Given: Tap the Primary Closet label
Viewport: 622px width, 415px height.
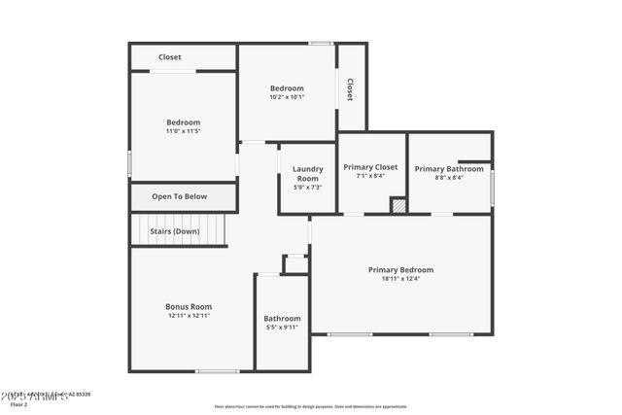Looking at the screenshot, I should point(370,167).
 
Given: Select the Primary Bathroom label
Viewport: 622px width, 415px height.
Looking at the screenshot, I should point(449,169).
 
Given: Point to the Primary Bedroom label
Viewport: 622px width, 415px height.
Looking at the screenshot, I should point(400,269).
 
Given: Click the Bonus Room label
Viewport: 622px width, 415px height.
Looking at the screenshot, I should point(189,306).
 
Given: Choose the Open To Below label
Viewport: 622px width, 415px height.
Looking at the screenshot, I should point(180,196).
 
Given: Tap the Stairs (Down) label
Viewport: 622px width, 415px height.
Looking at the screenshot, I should point(174,231).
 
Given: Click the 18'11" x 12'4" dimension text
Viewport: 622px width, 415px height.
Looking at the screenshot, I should point(400,279).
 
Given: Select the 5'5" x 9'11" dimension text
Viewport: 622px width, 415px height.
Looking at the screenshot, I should point(283,328).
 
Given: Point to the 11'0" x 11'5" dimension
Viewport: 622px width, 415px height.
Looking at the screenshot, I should point(184,131).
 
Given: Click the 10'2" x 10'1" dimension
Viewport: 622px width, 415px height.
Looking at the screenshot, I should point(287,97).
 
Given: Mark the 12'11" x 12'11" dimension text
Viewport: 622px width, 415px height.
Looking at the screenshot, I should point(189,316).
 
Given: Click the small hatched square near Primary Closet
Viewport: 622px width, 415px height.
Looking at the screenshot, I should point(398,205).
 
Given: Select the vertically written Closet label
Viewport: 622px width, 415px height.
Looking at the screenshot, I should point(350,89).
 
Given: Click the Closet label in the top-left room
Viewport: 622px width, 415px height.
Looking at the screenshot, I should point(170,57).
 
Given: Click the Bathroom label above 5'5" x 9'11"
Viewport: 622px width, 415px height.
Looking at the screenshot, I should point(283,318).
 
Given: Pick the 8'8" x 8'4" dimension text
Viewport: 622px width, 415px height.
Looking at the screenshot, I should point(449,178).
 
